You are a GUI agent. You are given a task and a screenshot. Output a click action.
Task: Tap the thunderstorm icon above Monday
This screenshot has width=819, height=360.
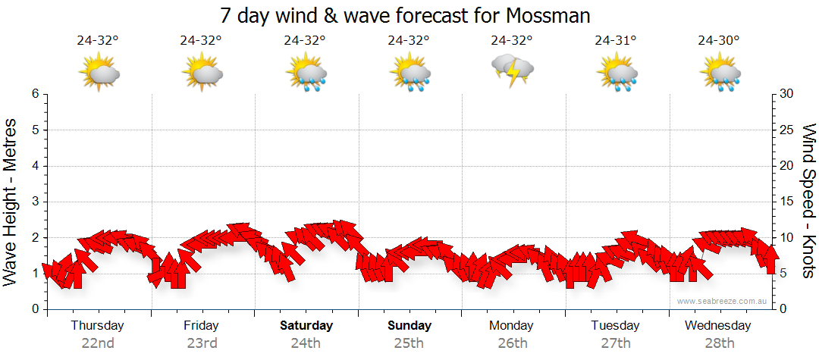513,70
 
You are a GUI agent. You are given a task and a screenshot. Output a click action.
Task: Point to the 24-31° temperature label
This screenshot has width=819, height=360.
615,41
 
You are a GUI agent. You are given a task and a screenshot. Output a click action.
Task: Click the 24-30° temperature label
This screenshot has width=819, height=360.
719,41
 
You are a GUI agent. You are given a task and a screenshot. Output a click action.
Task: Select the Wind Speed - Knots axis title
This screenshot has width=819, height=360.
808,201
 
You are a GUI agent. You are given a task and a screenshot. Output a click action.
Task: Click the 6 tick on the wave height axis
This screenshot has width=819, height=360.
34,94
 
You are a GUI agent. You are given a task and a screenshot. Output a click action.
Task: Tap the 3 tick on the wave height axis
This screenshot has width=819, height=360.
34,202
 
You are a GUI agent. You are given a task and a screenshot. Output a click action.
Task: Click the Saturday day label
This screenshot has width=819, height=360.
306,326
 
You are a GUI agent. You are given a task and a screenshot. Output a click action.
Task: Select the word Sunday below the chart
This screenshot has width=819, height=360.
409,326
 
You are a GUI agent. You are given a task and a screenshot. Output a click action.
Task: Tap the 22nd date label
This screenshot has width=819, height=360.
98,343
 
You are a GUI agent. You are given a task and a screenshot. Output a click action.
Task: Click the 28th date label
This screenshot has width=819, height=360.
719,343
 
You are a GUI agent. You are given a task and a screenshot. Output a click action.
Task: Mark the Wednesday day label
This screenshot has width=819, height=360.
717,326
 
